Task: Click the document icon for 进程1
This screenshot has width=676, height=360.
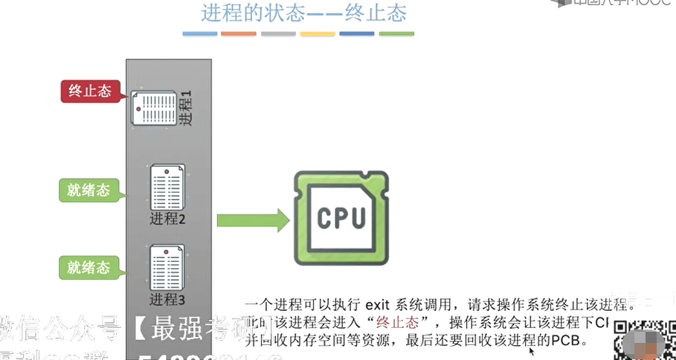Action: coord(154,108)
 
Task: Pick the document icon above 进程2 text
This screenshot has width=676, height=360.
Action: coord(167,187)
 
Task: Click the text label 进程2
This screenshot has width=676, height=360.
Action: coord(167,219)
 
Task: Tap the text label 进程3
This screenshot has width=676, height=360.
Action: coord(167,300)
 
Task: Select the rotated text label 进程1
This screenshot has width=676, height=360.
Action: coord(185,109)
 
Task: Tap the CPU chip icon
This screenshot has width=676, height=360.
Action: coord(341,218)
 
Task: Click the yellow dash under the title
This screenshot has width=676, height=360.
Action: coord(318,33)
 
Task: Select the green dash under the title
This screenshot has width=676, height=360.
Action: coord(396,33)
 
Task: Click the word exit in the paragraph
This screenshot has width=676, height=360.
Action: coord(380,305)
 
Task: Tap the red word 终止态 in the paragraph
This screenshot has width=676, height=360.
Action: coord(398,323)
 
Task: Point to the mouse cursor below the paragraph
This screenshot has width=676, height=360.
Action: coord(532,352)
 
